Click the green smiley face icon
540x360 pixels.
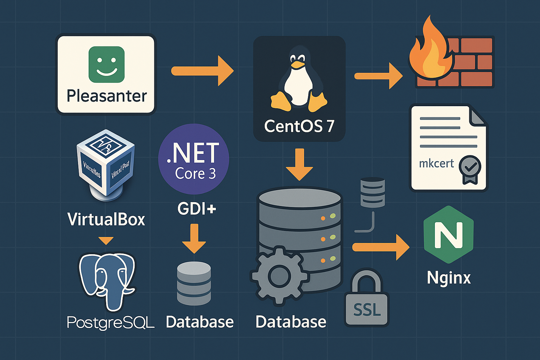click(x=107, y=64)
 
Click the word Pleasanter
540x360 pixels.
click(x=107, y=96)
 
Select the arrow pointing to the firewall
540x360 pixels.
click(x=378, y=76)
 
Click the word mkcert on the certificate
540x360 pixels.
click(x=436, y=163)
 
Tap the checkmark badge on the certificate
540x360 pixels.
click(x=470, y=168)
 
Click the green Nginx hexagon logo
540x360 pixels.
click(x=449, y=234)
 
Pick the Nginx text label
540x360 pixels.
click(x=449, y=278)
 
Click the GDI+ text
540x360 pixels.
click(x=197, y=209)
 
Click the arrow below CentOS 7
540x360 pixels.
click(x=299, y=165)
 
